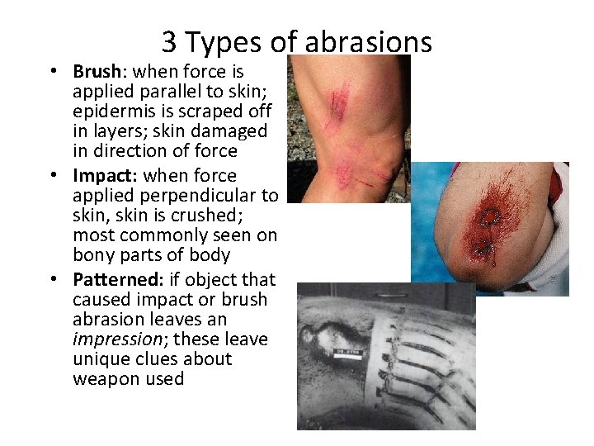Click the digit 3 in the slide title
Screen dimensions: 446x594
[169, 41]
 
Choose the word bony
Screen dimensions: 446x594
[92, 255]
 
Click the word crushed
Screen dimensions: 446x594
[242, 216]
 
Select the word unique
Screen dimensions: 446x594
[100, 359]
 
